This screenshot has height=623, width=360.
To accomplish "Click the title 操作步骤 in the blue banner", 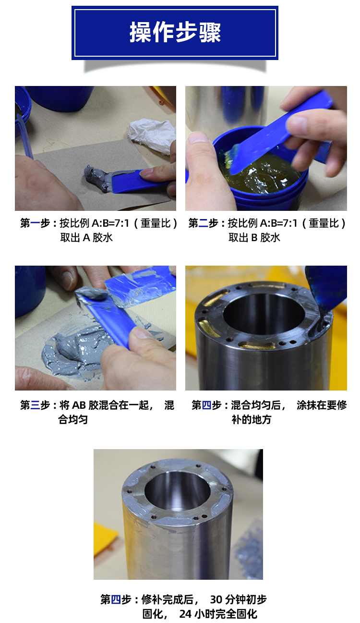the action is (175, 32).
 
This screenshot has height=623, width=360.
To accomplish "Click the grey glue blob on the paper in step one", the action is (96, 178).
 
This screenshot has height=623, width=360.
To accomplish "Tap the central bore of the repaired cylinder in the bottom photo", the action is (177, 489).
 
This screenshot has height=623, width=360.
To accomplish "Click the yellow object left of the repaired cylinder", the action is (105, 539).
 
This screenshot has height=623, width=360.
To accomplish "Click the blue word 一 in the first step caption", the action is (35, 223).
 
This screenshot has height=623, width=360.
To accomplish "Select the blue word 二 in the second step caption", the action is (204, 223).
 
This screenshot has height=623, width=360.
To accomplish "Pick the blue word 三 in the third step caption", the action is (35, 405).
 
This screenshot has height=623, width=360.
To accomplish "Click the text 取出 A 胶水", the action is (86, 237).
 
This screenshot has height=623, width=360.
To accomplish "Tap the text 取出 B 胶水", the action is (254, 237).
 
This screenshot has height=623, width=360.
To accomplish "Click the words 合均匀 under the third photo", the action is (73, 419).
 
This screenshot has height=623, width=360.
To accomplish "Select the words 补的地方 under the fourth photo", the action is (252, 419).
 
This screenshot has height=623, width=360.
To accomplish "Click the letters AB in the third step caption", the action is (79, 405).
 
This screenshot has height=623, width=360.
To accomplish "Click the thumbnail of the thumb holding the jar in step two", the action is (198, 137).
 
